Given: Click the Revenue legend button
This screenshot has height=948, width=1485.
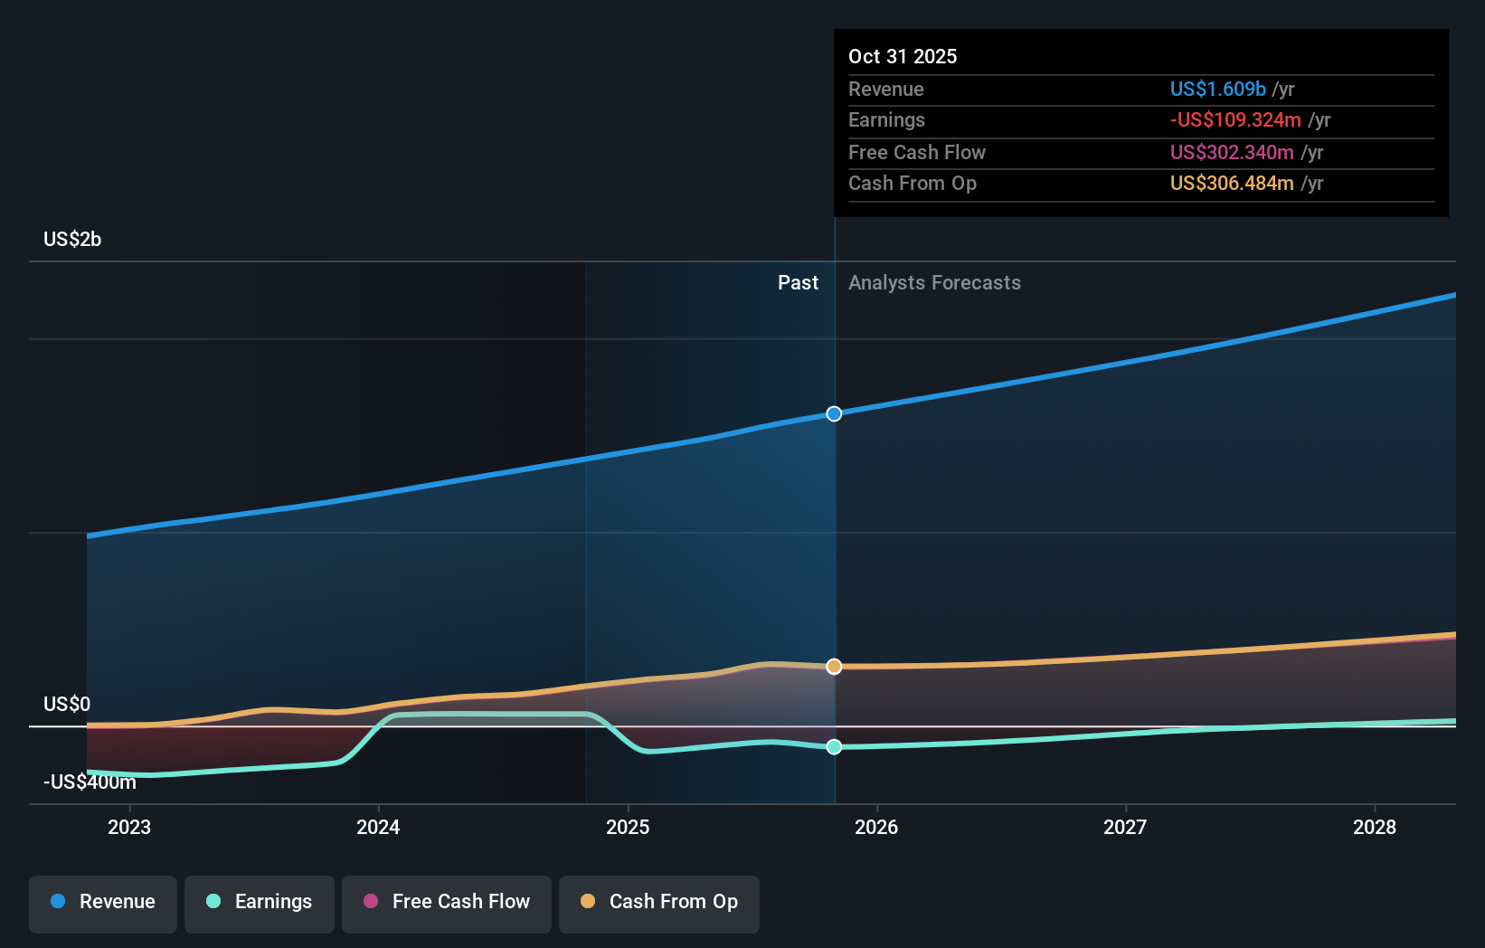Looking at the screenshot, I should (x=103, y=903).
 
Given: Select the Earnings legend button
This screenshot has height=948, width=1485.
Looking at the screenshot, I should (x=260, y=903).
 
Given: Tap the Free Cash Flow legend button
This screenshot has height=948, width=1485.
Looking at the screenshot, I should (x=447, y=903).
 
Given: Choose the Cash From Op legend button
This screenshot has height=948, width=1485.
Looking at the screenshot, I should (x=659, y=903).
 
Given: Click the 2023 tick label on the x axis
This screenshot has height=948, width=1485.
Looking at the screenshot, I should (x=129, y=827).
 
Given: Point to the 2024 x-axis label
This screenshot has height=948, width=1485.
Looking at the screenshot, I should (x=378, y=827).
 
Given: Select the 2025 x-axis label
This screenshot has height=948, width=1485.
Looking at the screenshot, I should (x=628, y=827).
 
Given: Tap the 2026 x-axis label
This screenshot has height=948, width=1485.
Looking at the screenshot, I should (x=876, y=827).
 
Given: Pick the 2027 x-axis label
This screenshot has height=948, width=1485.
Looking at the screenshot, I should (x=1125, y=827).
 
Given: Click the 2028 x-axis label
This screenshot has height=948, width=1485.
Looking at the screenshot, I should (x=1374, y=827).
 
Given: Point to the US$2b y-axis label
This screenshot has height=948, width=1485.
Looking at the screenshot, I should (x=72, y=240).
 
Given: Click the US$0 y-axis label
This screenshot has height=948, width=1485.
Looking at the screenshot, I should (x=67, y=704).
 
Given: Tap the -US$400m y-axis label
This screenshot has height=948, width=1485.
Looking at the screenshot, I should (x=90, y=782).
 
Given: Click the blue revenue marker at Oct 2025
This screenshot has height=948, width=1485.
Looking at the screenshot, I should (x=834, y=413).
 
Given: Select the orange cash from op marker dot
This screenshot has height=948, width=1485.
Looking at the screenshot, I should (x=834, y=667).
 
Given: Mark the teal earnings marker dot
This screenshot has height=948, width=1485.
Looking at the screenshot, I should (x=834, y=747).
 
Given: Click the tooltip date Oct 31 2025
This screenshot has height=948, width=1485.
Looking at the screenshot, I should (x=903, y=56).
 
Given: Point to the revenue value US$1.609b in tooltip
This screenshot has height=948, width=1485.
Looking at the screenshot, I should (x=1217, y=89).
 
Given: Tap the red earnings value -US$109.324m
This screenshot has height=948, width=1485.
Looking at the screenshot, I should (x=1235, y=119).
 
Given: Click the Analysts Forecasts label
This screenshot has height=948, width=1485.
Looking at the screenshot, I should (x=934, y=283).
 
